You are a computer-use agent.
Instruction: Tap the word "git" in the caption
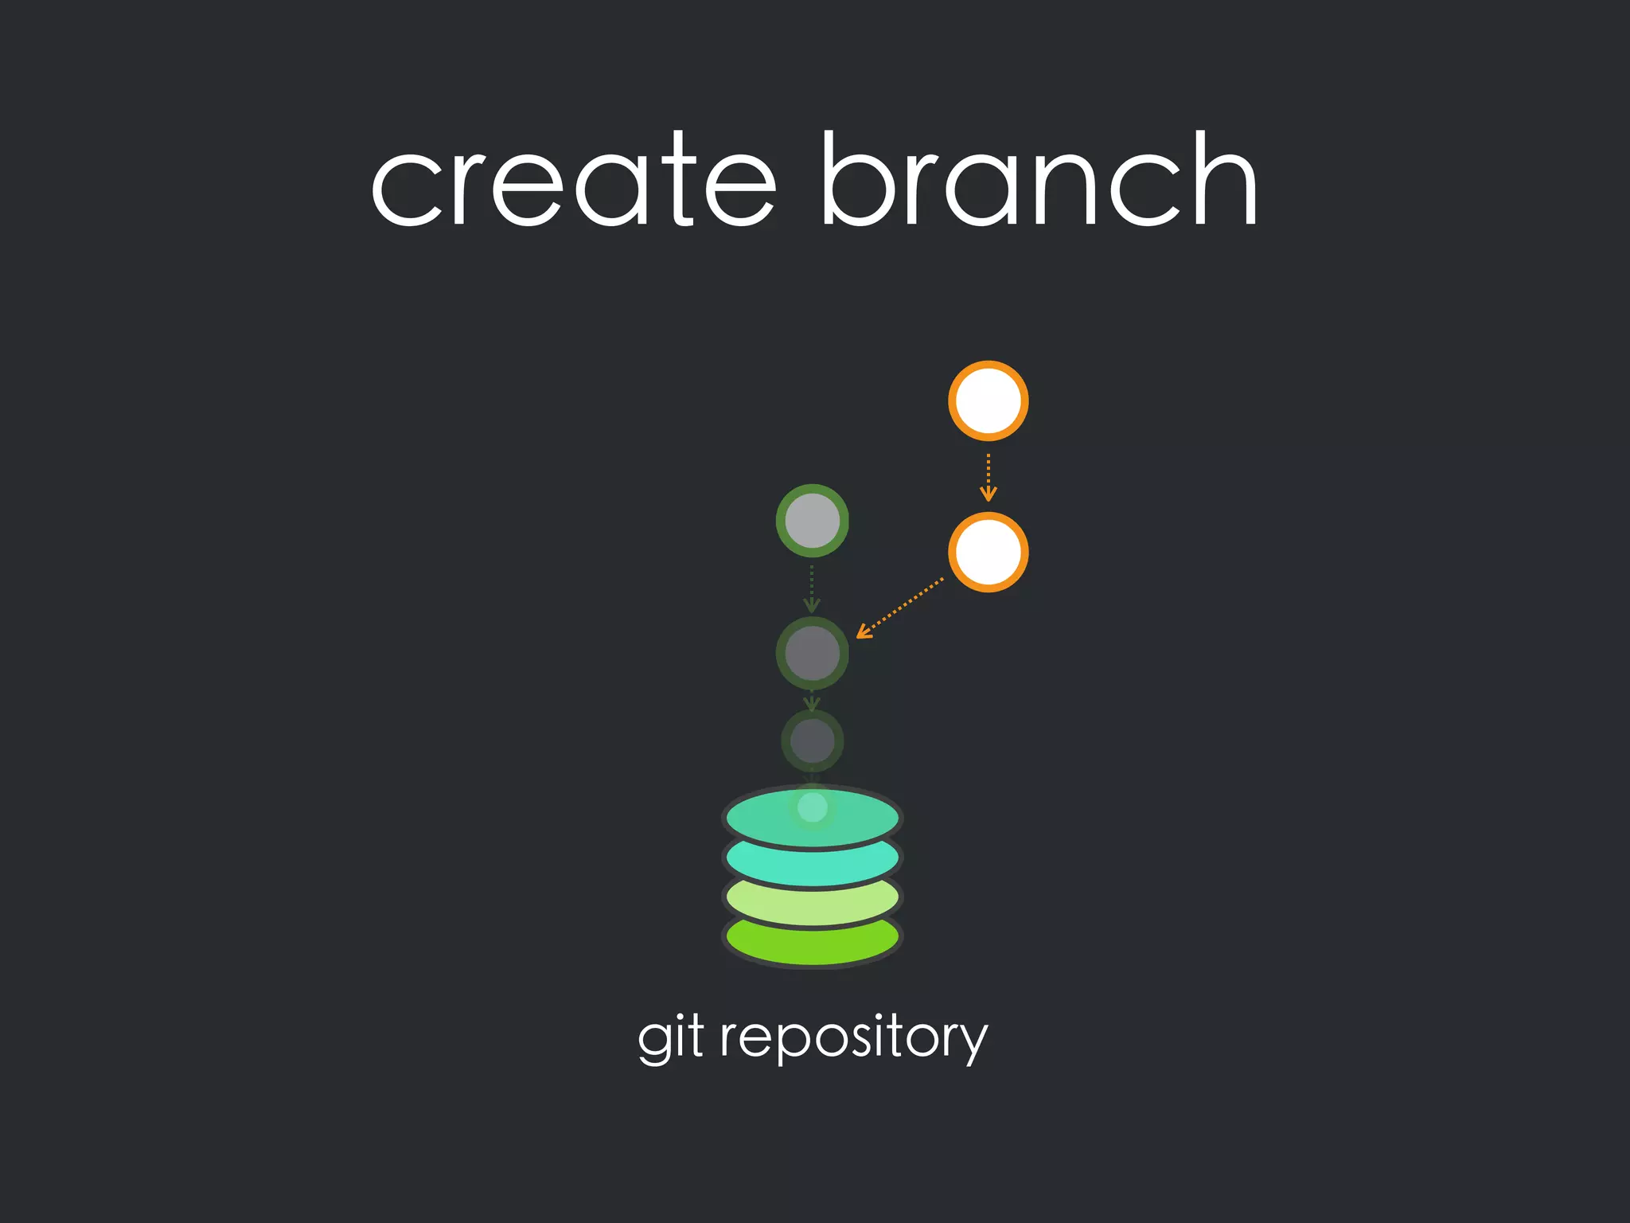[670, 1037]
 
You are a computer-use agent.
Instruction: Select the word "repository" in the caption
[854, 1037]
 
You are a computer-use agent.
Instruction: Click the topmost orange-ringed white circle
[988, 401]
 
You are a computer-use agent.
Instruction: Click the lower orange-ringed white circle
[988, 552]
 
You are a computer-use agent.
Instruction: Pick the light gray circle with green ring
[812, 521]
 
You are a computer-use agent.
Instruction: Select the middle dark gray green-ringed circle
[812, 653]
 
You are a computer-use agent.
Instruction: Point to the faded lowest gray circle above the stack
[812, 741]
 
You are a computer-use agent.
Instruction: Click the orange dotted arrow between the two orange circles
[988, 477]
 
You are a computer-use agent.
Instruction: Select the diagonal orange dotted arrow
[900, 608]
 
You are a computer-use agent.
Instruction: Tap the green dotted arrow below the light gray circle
[812, 588]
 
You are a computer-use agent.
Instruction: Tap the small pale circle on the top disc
[812, 807]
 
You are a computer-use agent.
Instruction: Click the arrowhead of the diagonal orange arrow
[862, 634]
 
